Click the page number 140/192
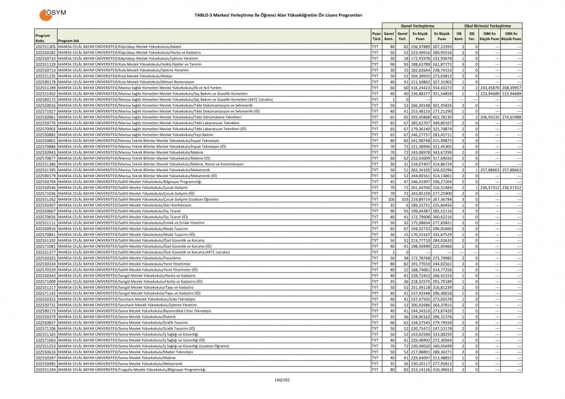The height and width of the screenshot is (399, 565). click(x=282, y=380)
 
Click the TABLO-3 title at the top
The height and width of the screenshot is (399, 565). click(x=282, y=14)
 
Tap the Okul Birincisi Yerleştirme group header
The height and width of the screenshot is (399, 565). click(x=487, y=26)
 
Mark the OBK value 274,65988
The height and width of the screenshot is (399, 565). click(x=511, y=117)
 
